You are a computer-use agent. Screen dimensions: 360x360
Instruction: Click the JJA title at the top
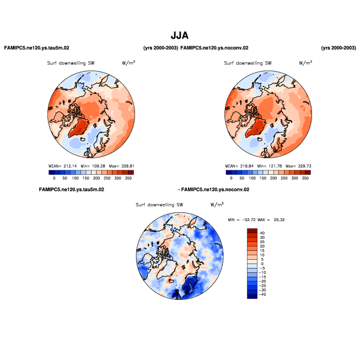pyautogui.click(x=180, y=35)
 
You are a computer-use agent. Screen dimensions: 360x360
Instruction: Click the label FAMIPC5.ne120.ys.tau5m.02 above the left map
pyautogui.click(x=36, y=48)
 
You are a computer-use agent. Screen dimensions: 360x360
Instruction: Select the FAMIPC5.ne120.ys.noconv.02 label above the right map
pyautogui.click(x=214, y=48)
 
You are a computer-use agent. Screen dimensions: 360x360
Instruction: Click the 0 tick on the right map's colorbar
pyautogui.click(x=232, y=179)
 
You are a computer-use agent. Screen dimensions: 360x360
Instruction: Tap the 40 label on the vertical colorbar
pyautogui.click(x=262, y=233)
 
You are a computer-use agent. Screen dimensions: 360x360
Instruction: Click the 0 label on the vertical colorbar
pyautogui.click(x=262, y=264)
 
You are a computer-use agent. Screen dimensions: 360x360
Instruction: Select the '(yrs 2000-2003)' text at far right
pyautogui.click(x=338, y=48)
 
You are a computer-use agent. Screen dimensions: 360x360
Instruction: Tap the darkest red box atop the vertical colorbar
pyautogui.click(x=252, y=230)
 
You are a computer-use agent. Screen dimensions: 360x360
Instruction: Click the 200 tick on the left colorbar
pyautogui.click(x=97, y=179)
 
